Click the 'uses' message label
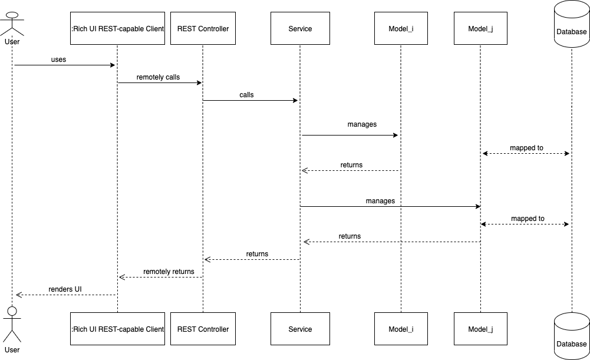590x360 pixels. click(x=59, y=60)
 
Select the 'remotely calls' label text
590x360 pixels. click(x=158, y=77)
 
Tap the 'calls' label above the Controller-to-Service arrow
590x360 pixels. click(x=246, y=95)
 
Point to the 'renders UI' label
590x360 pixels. click(x=65, y=289)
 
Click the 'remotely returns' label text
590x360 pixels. click(x=169, y=272)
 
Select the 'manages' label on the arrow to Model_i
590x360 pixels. click(x=362, y=124)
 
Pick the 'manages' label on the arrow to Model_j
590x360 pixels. click(x=380, y=201)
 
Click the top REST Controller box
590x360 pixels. click(x=203, y=29)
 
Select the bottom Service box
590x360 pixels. click(x=300, y=329)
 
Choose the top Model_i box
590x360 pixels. click(x=401, y=29)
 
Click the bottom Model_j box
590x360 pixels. click(x=480, y=329)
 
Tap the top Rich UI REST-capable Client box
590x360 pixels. click(x=117, y=29)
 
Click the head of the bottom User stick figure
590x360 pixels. click(x=12, y=311)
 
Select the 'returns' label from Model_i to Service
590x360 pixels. click(x=351, y=165)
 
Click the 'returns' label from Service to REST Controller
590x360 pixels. click(x=257, y=254)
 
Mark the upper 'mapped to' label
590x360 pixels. click(x=526, y=148)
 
